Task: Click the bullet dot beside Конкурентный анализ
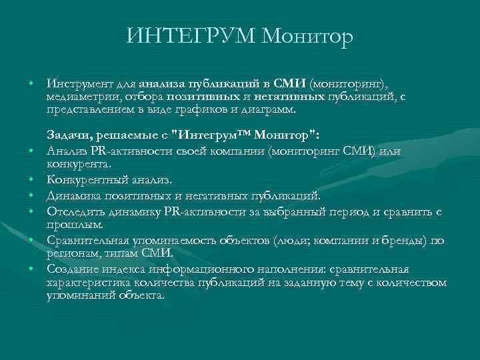pos(31,180)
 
